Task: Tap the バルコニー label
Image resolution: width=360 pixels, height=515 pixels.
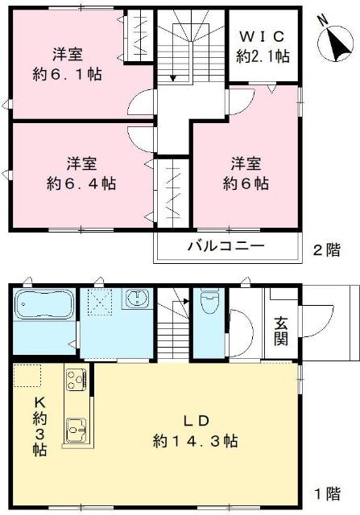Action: (225, 247)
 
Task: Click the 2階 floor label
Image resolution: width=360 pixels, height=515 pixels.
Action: (327, 250)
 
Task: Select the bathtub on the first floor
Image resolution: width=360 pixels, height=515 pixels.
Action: (44, 307)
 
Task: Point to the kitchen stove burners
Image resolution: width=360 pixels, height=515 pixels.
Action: (77, 378)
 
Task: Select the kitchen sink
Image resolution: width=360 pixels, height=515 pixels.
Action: (77, 433)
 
